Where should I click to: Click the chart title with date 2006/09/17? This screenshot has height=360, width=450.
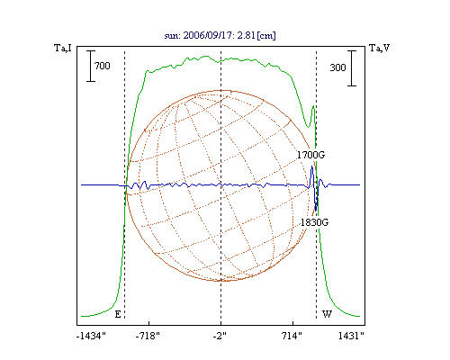pyautogui.click(x=220, y=35)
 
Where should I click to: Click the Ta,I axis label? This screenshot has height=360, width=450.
pyautogui.click(x=63, y=48)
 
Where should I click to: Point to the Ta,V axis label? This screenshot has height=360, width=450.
pyautogui.click(x=379, y=48)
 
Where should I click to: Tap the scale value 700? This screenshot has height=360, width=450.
pyautogui.click(x=103, y=66)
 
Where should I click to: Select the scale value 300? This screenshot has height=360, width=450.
pyautogui.click(x=337, y=67)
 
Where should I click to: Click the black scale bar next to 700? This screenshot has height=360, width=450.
pyautogui.click(x=91, y=66)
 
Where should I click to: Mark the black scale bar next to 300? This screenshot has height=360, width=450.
pyautogui.click(x=352, y=68)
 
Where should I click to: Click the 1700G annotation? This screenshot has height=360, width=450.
pyautogui.click(x=310, y=155)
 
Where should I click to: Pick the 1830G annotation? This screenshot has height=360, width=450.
pyautogui.click(x=314, y=222)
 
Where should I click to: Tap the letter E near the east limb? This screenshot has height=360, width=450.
pyautogui.click(x=118, y=314)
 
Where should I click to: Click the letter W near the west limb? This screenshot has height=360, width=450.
pyautogui.click(x=327, y=314)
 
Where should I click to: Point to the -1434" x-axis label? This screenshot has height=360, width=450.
pyautogui.click(x=91, y=336)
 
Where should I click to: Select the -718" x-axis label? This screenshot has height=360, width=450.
pyautogui.click(x=148, y=336)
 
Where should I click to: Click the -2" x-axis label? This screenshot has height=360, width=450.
pyautogui.click(x=220, y=336)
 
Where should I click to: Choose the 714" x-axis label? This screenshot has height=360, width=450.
pyautogui.click(x=292, y=336)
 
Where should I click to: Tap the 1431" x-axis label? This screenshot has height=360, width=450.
pyautogui.click(x=351, y=336)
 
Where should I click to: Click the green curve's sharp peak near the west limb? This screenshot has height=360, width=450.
pyautogui.click(x=313, y=106)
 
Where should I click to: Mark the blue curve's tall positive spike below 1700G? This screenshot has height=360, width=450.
pyautogui.click(x=312, y=166)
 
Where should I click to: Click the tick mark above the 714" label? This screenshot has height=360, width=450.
pyautogui.click(x=293, y=323)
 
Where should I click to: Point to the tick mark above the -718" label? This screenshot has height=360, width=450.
pyautogui.click(x=149, y=323)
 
